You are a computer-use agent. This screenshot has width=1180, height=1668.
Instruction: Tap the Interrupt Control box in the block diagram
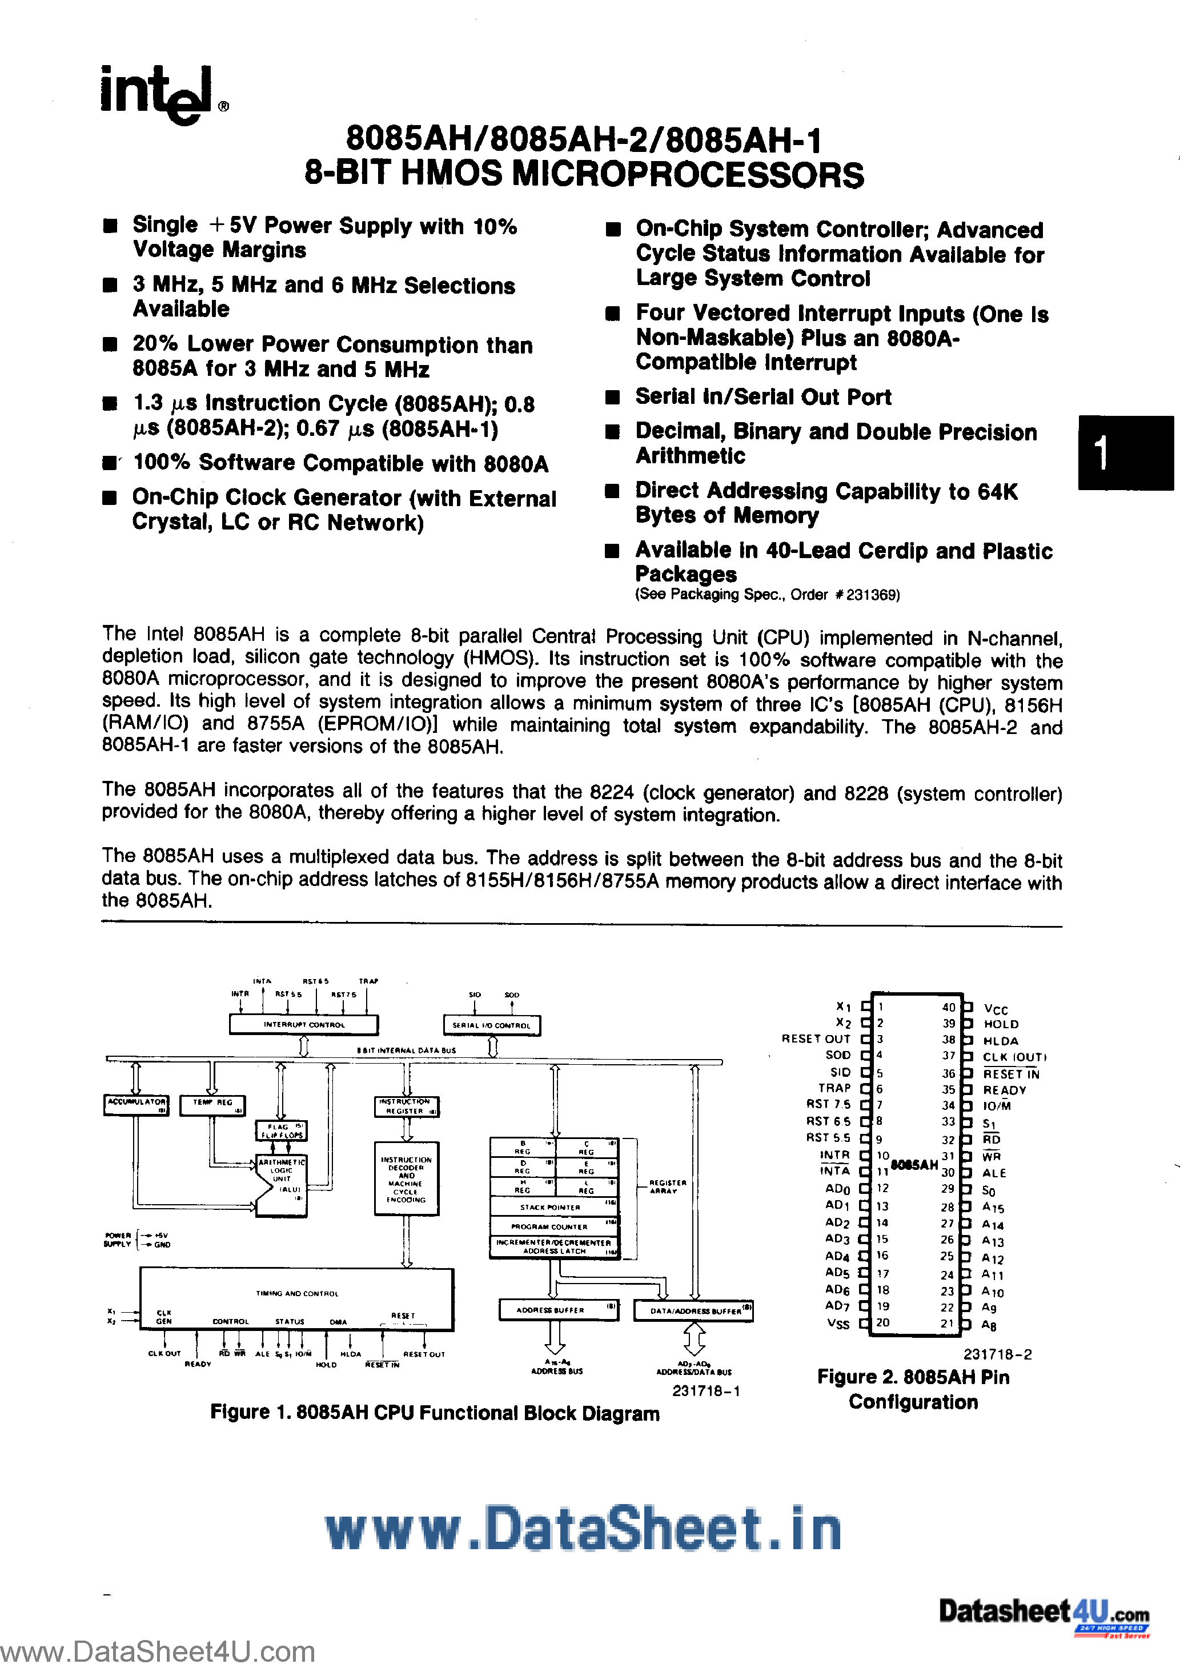point(304,1024)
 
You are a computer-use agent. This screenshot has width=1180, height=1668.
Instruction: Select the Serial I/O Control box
point(492,1025)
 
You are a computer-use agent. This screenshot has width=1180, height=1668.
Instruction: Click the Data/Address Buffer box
point(694,1310)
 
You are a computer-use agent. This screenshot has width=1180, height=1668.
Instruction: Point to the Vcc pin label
point(996,1009)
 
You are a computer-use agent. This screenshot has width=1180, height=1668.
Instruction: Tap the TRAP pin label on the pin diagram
point(834,1088)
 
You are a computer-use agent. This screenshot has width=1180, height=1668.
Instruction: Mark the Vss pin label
point(838,1324)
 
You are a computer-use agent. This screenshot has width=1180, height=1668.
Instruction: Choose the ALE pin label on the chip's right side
point(994,1173)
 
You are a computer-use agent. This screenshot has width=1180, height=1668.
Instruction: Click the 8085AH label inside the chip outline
point(914,1165)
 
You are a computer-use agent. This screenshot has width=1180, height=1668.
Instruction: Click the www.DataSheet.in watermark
point(583,1528)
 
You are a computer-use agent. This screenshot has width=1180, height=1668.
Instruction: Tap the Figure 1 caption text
point(435,1413)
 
